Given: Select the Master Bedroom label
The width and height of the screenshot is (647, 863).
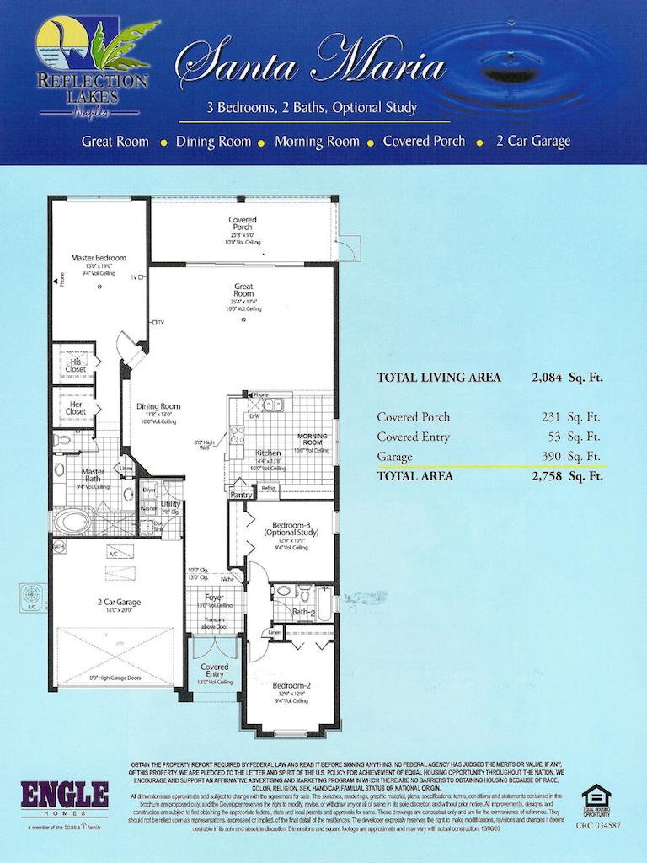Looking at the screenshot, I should coord(99,257).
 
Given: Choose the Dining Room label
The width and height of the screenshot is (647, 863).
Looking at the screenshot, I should coord(158,406).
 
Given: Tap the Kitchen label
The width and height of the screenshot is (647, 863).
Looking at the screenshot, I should coord(268,453).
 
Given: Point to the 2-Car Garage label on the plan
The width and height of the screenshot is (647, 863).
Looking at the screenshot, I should coord(118,603).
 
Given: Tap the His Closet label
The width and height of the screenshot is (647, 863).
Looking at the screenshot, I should coord(76,364).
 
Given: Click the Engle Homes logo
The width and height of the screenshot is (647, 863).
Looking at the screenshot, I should coord(65,796).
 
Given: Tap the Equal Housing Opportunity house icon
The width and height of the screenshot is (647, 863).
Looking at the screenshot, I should coord(596,796).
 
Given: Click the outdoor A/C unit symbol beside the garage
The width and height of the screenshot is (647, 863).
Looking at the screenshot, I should coord(32,596).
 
